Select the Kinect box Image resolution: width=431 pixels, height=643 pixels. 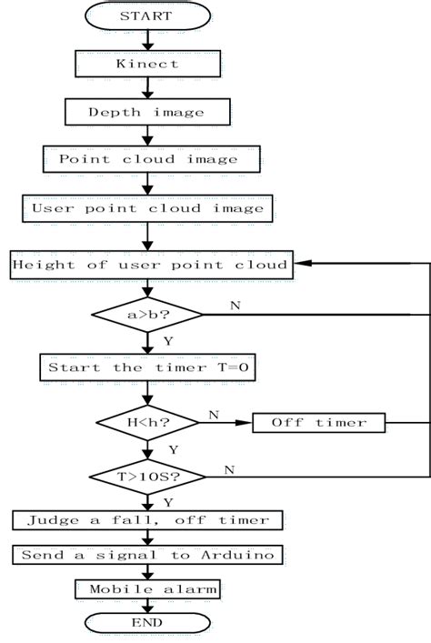147,64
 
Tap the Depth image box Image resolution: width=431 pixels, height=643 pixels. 147,112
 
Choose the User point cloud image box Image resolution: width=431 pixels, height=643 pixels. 147,207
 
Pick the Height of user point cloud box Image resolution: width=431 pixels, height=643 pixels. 150,265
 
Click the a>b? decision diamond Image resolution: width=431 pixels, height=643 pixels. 147,315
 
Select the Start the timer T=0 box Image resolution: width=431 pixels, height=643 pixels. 147,367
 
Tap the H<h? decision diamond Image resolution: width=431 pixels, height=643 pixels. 147,422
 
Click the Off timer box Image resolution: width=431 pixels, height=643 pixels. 318,422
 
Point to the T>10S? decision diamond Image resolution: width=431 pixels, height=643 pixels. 147,476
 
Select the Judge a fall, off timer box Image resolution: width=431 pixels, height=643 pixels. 147,520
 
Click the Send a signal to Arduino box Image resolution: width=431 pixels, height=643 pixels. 147,555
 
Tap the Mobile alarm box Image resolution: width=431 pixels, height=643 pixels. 147,589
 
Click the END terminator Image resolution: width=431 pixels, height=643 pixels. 147,623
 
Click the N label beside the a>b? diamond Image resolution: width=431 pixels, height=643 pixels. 236,305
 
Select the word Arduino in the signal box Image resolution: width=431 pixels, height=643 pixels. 239,555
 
